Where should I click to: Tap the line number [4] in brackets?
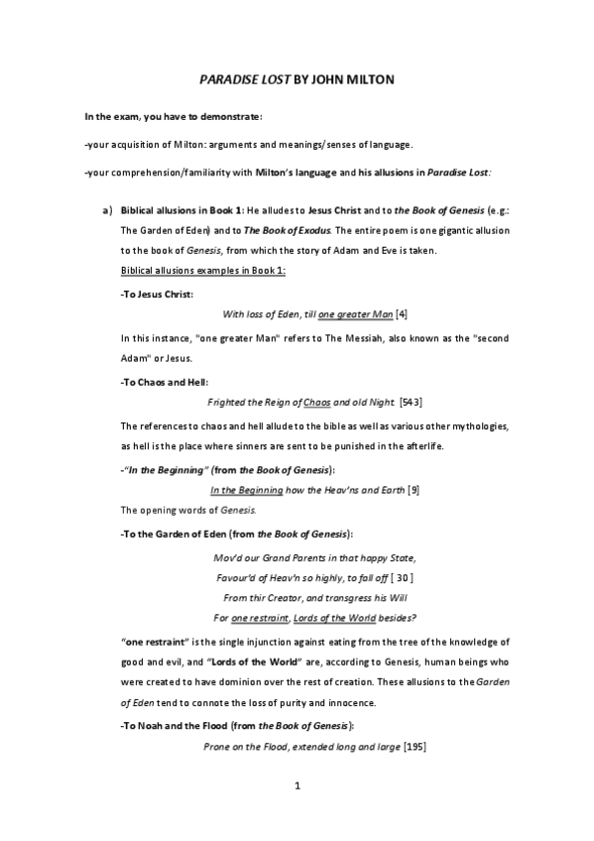point(401,314)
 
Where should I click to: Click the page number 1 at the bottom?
point(297,814)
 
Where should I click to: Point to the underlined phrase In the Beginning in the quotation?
point(248,489)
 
